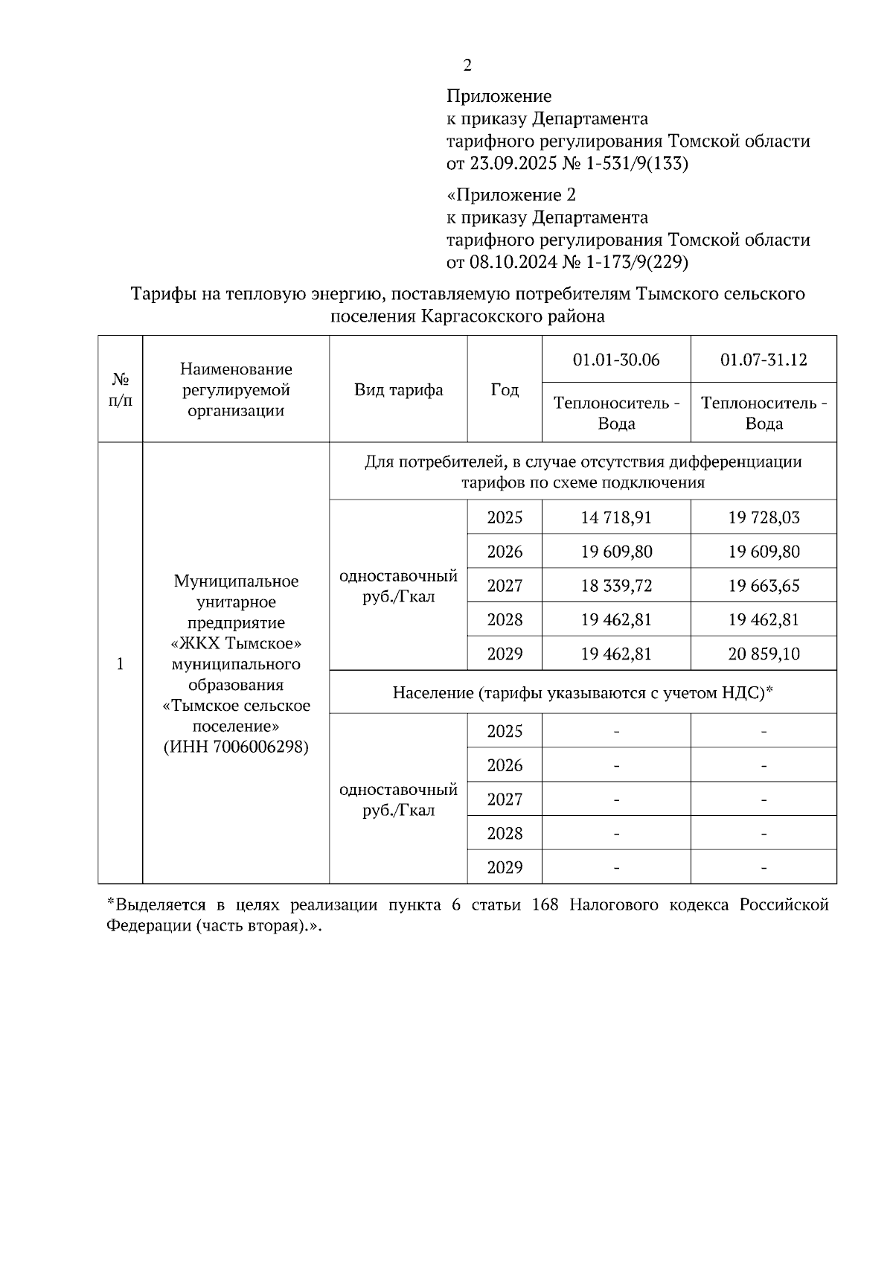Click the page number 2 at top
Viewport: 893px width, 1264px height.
tap(467, 66)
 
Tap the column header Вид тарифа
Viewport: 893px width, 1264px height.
tap(398, 390)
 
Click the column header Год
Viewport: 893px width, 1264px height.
tap(505, 390)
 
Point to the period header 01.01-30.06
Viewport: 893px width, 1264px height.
tap(616, 360)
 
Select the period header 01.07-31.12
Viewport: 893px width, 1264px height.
tap(764, 360)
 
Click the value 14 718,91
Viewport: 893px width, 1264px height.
tap(616, 517)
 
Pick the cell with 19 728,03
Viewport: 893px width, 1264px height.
tap(764, 517)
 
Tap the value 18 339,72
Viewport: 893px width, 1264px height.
tap(616, 586)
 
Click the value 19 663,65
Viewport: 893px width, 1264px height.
tap(764, 586)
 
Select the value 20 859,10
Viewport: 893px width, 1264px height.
tap(764, 654)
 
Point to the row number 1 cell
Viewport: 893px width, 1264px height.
tap(120, 663)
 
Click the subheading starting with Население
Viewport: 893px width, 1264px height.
tap(583, 693)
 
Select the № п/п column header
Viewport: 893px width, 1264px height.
tap(120, 390)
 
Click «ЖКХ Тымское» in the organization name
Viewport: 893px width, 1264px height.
tap(236, 643)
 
